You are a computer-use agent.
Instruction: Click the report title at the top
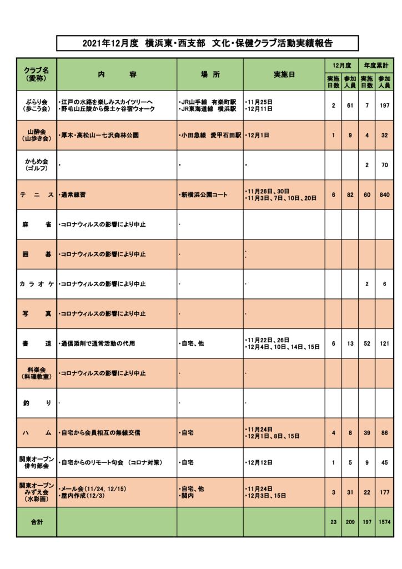[207, 43]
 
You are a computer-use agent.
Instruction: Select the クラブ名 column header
[37, 74]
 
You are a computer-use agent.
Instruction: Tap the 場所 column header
[210, 74]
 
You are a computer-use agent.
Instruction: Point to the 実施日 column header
[284, 74]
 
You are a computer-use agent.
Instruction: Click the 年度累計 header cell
[375, 65]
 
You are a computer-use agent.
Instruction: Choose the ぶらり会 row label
[37, 106]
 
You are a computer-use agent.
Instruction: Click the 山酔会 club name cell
[37, 135]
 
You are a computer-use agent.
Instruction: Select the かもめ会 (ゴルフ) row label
[37, 164]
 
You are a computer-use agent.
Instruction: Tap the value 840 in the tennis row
[384, 195]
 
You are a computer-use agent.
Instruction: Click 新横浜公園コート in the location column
[204, 195]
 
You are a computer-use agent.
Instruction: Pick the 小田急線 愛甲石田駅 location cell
[210, 135]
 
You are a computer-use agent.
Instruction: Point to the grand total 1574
[384, 522]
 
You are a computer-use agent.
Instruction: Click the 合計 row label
[37, 522]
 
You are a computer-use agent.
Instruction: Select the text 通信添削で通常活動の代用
[98, 344]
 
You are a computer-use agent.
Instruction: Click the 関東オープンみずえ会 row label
[37, 492]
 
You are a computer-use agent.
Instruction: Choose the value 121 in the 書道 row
[384, 344]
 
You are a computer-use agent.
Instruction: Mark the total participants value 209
[350, 522]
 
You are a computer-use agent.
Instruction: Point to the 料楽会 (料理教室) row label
[37, 373]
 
